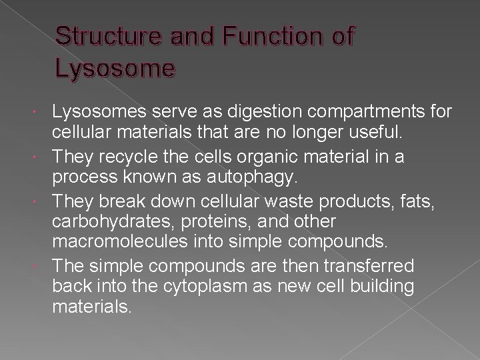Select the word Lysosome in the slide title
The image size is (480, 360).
coord(116,69)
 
